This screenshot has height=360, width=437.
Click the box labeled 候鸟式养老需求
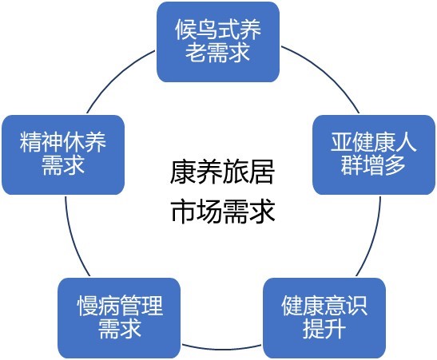tap(218, 42)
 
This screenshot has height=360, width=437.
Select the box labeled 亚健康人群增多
tap(374, 155)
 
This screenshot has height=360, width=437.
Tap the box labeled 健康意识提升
tap(324, 318)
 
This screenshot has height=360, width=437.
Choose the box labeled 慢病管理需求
tap(119, 318)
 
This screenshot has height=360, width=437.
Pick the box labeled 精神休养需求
tap(63, 155)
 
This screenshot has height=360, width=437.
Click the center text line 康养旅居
tap(222, 172)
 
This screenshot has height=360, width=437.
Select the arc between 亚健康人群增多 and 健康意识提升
tap(375, 237)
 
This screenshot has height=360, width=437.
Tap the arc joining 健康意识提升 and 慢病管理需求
tap(222, 349)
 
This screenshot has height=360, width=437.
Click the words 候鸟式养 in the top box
tap(218, 30)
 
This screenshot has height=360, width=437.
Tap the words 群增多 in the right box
tap(373, 164)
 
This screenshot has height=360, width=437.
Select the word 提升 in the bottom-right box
tap(324, 328)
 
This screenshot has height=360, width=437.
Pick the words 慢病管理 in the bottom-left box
tap(120, 306)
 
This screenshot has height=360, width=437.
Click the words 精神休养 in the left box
tap(63, 142)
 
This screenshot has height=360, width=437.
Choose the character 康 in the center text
tap(183, 172)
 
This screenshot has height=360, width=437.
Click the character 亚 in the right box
tap(341, 142)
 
